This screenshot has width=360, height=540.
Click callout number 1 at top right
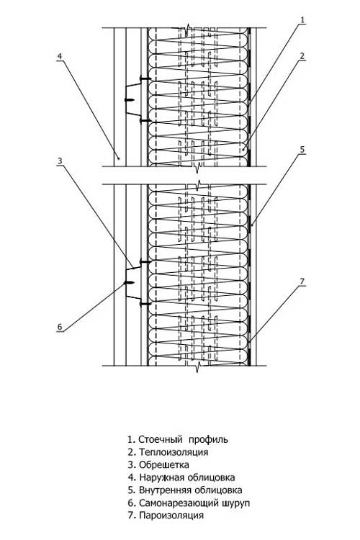303,20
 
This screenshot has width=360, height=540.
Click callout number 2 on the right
302,55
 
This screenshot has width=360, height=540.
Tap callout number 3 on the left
60,161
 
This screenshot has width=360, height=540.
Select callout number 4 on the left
60,56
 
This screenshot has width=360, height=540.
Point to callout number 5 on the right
302,150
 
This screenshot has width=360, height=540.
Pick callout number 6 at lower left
60,326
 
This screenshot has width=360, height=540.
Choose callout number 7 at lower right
302,282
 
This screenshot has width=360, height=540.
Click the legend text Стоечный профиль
183,439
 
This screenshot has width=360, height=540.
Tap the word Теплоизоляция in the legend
174,452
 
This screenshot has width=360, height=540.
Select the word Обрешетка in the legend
164,464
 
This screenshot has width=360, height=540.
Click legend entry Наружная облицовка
187,477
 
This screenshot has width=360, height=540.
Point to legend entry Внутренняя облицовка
191,490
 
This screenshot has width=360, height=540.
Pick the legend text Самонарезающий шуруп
194,503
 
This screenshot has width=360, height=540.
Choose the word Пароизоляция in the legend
171,516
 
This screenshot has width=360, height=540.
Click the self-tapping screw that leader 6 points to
129,283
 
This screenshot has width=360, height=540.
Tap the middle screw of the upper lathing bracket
129,100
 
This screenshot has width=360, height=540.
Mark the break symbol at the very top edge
187,30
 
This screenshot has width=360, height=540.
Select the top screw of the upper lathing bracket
145,79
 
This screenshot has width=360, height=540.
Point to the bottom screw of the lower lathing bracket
145,304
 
